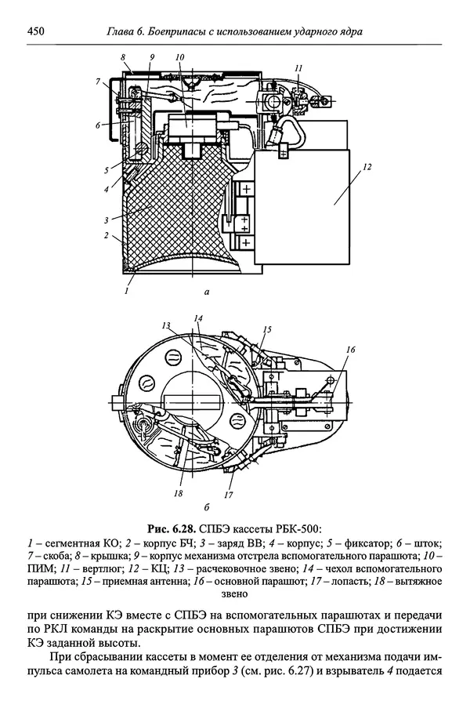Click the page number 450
35,31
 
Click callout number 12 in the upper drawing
367,167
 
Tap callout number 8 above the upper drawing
123,57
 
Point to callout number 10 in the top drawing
180,57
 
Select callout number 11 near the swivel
298,67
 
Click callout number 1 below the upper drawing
127,291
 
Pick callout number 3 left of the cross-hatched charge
107,220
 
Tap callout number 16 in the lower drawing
351,349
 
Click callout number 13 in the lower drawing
166,325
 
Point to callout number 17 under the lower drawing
229,495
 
